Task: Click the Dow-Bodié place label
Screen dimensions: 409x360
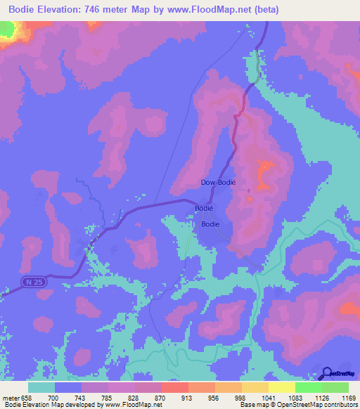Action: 218,181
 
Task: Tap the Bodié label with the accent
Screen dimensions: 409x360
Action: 203,209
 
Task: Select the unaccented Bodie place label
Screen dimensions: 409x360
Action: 210,224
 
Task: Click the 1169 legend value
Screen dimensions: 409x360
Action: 339,398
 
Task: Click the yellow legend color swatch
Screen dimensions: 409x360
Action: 281,387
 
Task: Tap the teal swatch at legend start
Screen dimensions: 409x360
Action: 41,387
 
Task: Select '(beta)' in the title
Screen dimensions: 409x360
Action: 267,10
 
